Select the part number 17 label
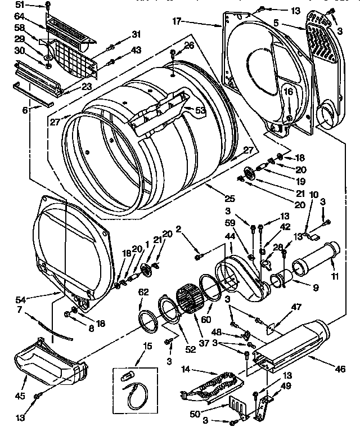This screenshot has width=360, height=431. pos(176,22)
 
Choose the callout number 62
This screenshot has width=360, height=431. pos(143,291)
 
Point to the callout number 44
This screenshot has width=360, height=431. pos(229,239)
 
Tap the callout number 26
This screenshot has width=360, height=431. pos(189,45)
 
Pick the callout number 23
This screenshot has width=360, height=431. pos(87,87)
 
